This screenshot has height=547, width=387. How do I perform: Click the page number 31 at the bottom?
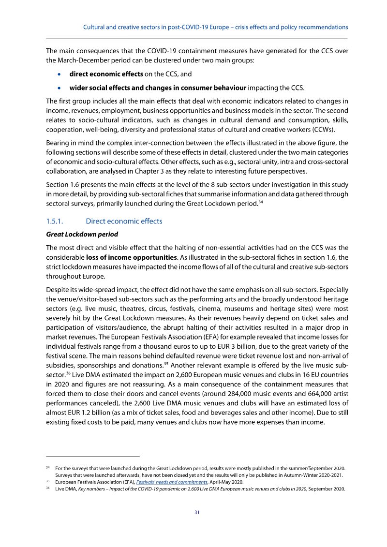(x=197, y=512)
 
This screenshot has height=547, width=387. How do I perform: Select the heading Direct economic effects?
(x=124, y=221)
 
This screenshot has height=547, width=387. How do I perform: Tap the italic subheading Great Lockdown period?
(x=82, y=235)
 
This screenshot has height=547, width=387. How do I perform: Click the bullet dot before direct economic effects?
(x=59, y=74)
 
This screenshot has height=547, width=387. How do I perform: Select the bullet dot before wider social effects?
(x=59, y=88)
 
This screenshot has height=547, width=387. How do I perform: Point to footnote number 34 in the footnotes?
(x=48, y=468)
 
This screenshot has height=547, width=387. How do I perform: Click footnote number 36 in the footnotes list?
(x=48, y=488)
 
